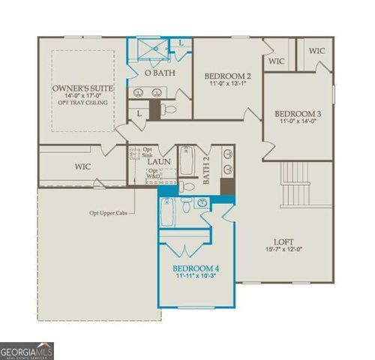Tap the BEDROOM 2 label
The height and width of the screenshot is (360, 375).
[x=228, y=76]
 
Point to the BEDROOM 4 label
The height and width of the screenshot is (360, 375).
[x=196, y=268]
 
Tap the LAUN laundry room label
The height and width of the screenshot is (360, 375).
[x=158, y=160]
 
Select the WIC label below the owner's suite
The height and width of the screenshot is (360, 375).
[x=83, y=164]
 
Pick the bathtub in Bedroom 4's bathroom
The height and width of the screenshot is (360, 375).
[x=169, y=213]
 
